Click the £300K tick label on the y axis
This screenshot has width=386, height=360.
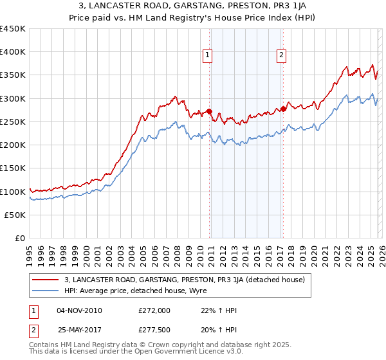click(13, 98)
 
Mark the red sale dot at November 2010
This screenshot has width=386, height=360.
click(209, 111)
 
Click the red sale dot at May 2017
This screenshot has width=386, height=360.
click(283, 109)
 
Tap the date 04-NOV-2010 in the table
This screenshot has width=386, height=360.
click(79, 310)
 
